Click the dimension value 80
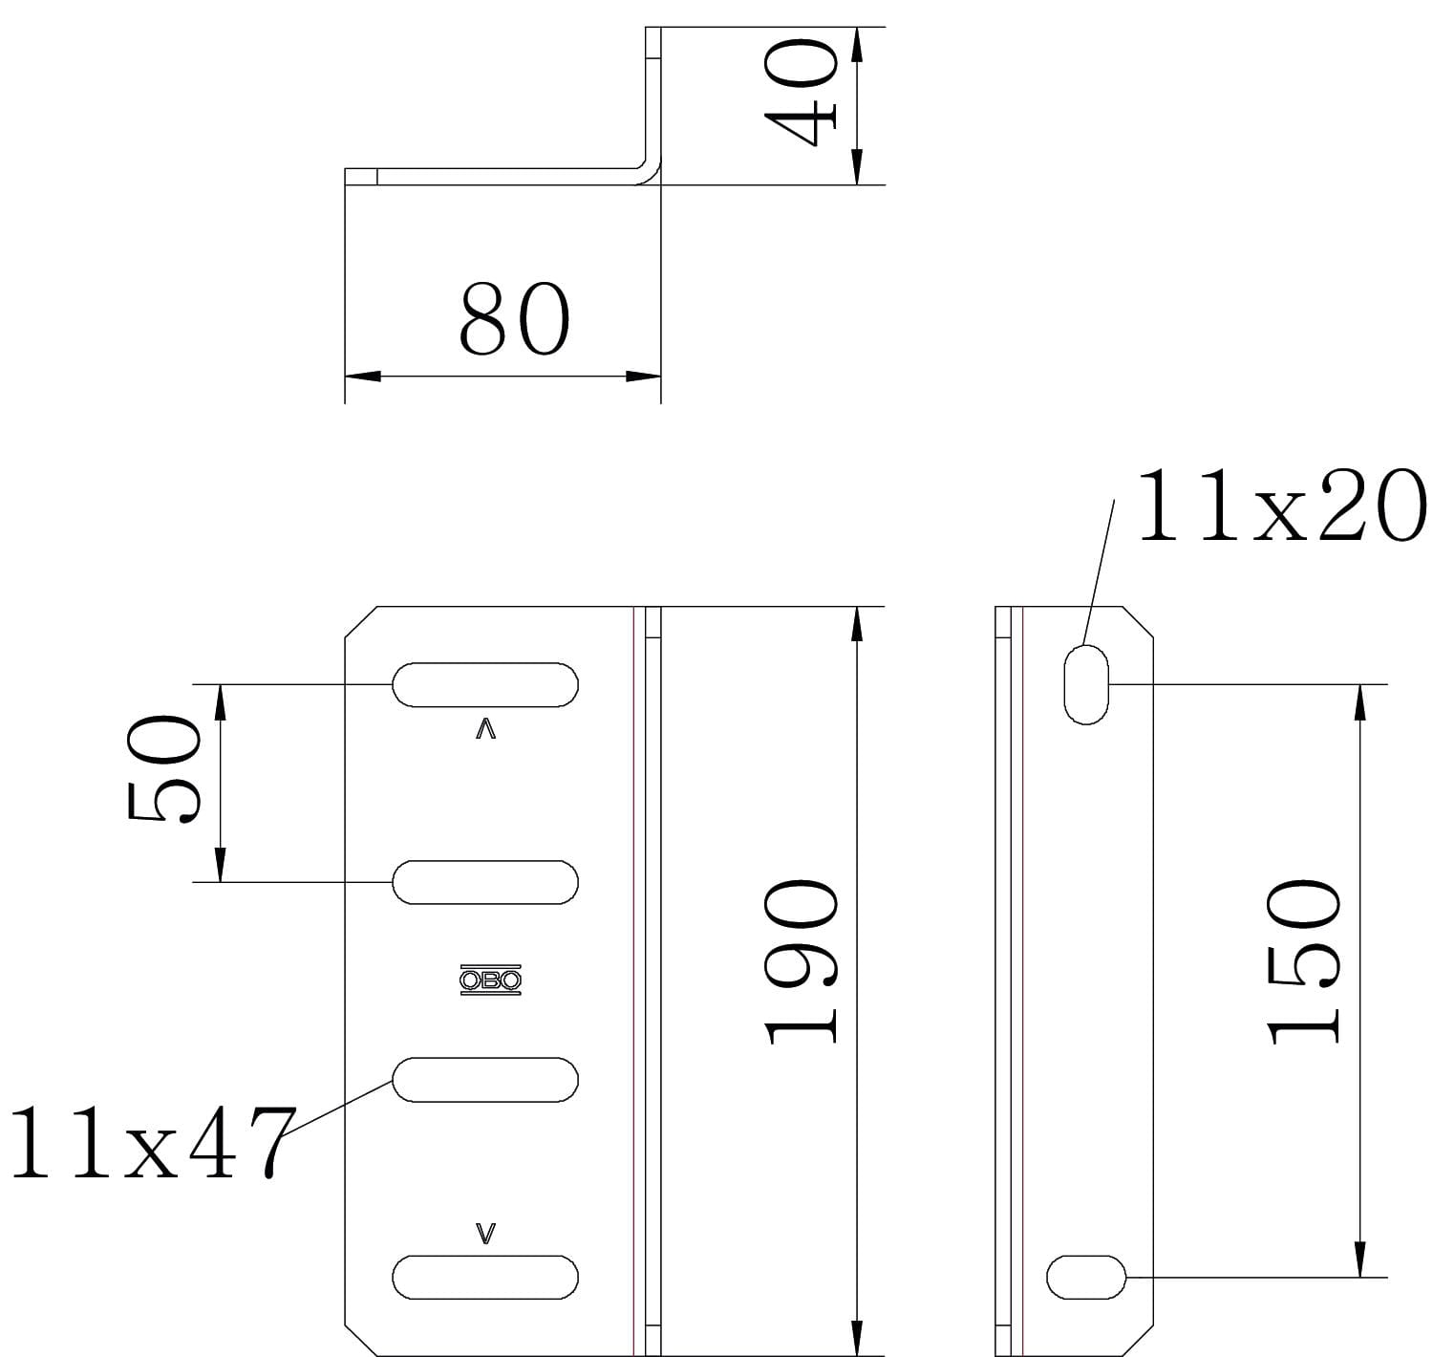pos(514,318)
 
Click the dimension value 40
pos(800,93)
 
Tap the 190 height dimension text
pos(800,961)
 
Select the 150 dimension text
pos(1302,961)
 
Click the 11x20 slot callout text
pos(1281,505)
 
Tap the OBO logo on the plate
pos(490,980)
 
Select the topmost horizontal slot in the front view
pos(485,684)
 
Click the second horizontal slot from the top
pos(485,882)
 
